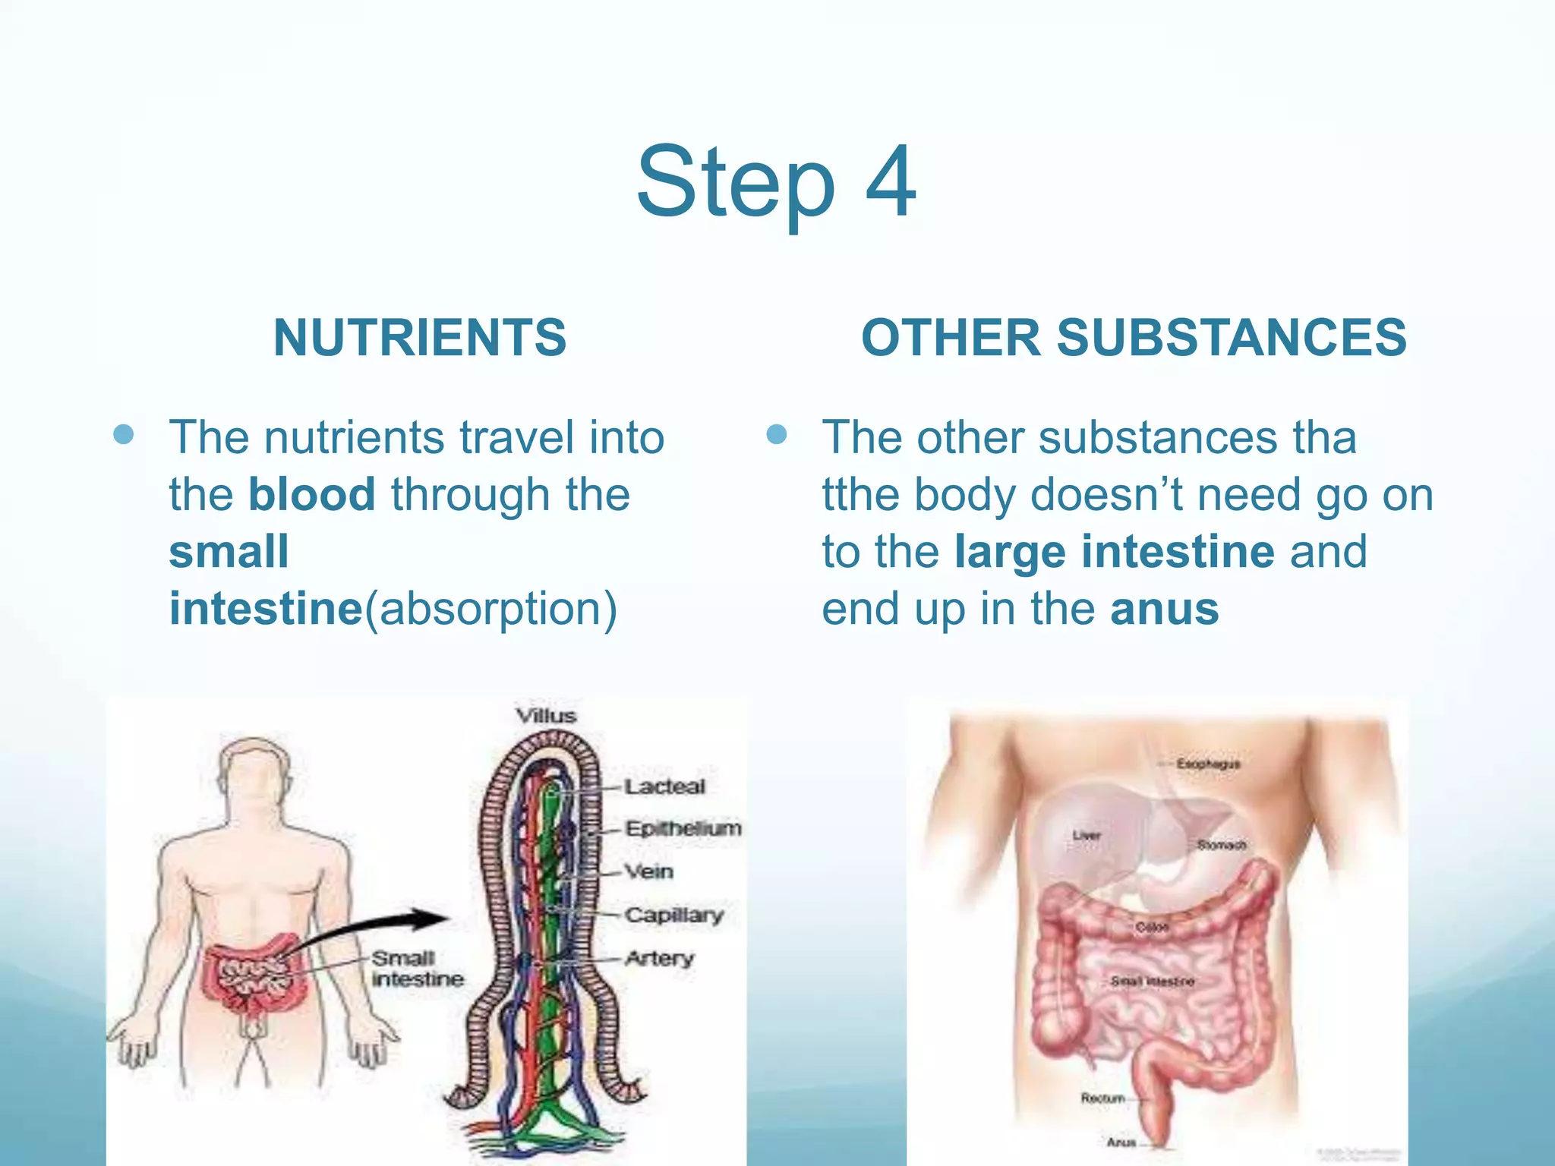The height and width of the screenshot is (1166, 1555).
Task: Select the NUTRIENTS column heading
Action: point(420,338)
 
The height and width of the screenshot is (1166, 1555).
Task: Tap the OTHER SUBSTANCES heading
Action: point(1134,338)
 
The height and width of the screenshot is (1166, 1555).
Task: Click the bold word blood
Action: point(311,494)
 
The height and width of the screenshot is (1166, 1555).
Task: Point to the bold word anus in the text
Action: point(1164,609)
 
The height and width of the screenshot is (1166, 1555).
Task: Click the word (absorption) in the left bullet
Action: point(490,609)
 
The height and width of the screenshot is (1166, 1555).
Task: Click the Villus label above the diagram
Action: point(546,716)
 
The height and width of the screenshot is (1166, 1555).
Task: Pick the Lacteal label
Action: point(665,786)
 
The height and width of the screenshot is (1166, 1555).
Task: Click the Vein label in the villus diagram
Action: point(649,871)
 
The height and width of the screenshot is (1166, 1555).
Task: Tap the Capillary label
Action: point(674,915)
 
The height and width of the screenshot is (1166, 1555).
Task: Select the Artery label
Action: point(659,958)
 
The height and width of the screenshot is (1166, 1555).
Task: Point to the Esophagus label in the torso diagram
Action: point(1208,764)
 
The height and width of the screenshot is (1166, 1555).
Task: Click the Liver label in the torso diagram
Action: point(1087,835)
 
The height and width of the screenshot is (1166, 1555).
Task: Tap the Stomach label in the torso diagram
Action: point(1222,845)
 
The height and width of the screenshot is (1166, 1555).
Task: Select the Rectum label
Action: point(1102,1098)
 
